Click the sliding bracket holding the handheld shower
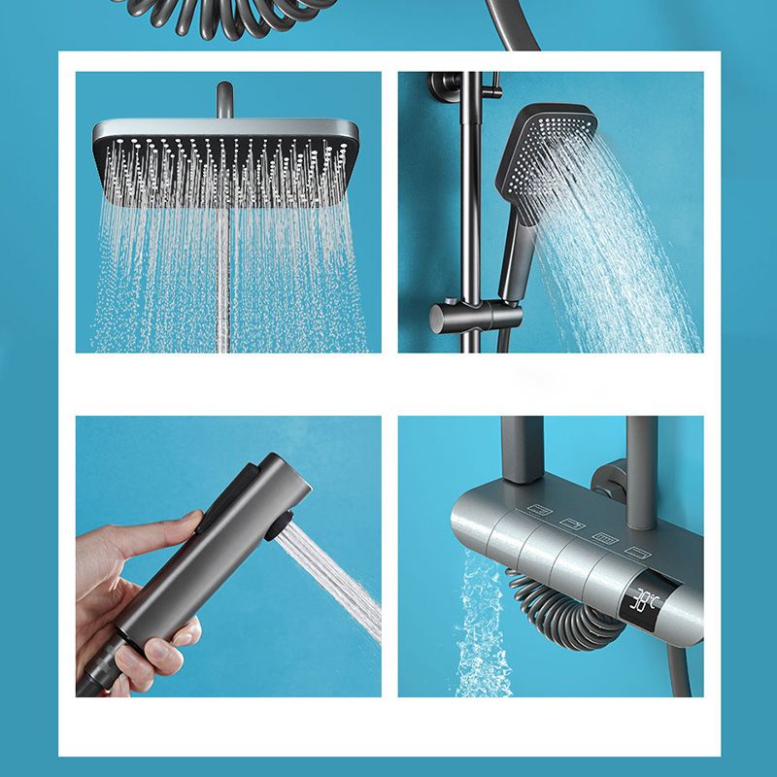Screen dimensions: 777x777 click(x=464, y=318)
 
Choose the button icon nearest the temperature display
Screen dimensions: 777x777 click(x=636, y=550)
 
